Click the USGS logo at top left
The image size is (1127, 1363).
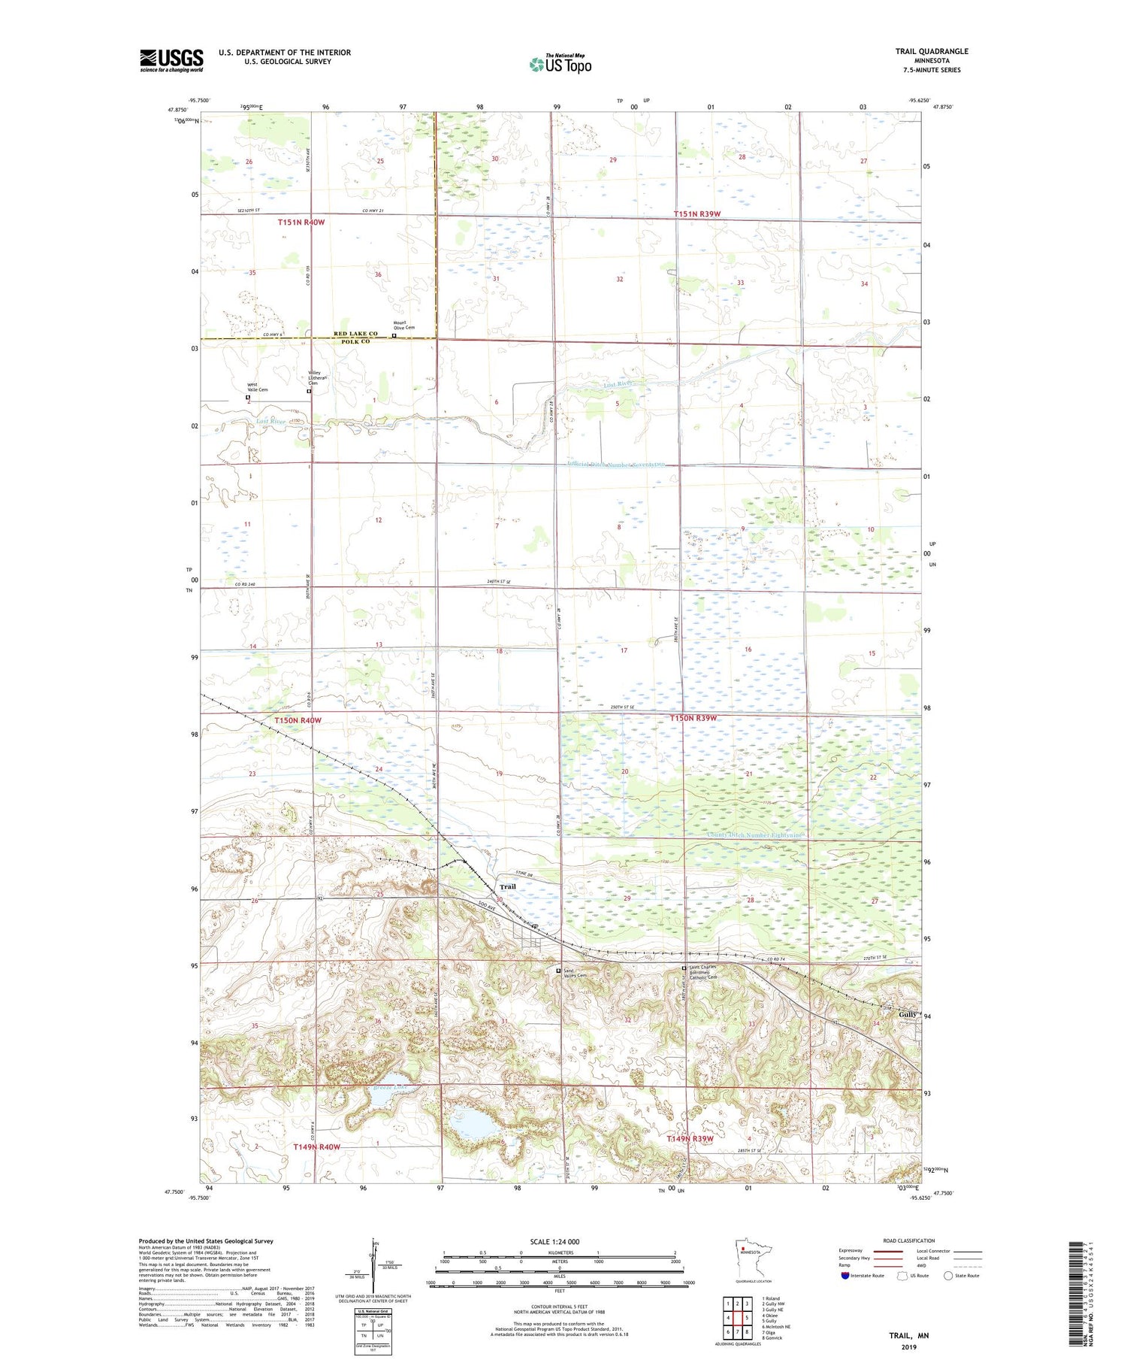tap(171, 60)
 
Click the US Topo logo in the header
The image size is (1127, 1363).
tap(560, 65)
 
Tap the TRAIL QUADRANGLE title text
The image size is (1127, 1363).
tap(931, 52)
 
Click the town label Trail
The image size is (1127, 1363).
tap(507, 887)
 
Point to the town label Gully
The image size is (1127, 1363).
tap(908, 1014)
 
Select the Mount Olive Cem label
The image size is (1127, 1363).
tap(404, 326)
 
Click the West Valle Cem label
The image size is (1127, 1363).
tap(258, 388)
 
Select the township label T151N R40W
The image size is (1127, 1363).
tap(301, 223)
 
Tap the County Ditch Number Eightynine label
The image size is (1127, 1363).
tap(755, 835)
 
